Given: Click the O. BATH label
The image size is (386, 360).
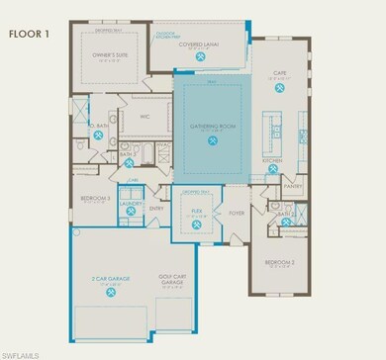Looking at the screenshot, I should (x=99, y=127).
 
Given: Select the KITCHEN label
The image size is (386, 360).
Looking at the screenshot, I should (x=274, y=159).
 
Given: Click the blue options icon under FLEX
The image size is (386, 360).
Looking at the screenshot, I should (x=198, y=223).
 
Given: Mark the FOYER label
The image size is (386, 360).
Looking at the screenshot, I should (x=238, y=211).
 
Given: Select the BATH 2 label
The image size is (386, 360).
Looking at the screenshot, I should (x=285, y=213).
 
